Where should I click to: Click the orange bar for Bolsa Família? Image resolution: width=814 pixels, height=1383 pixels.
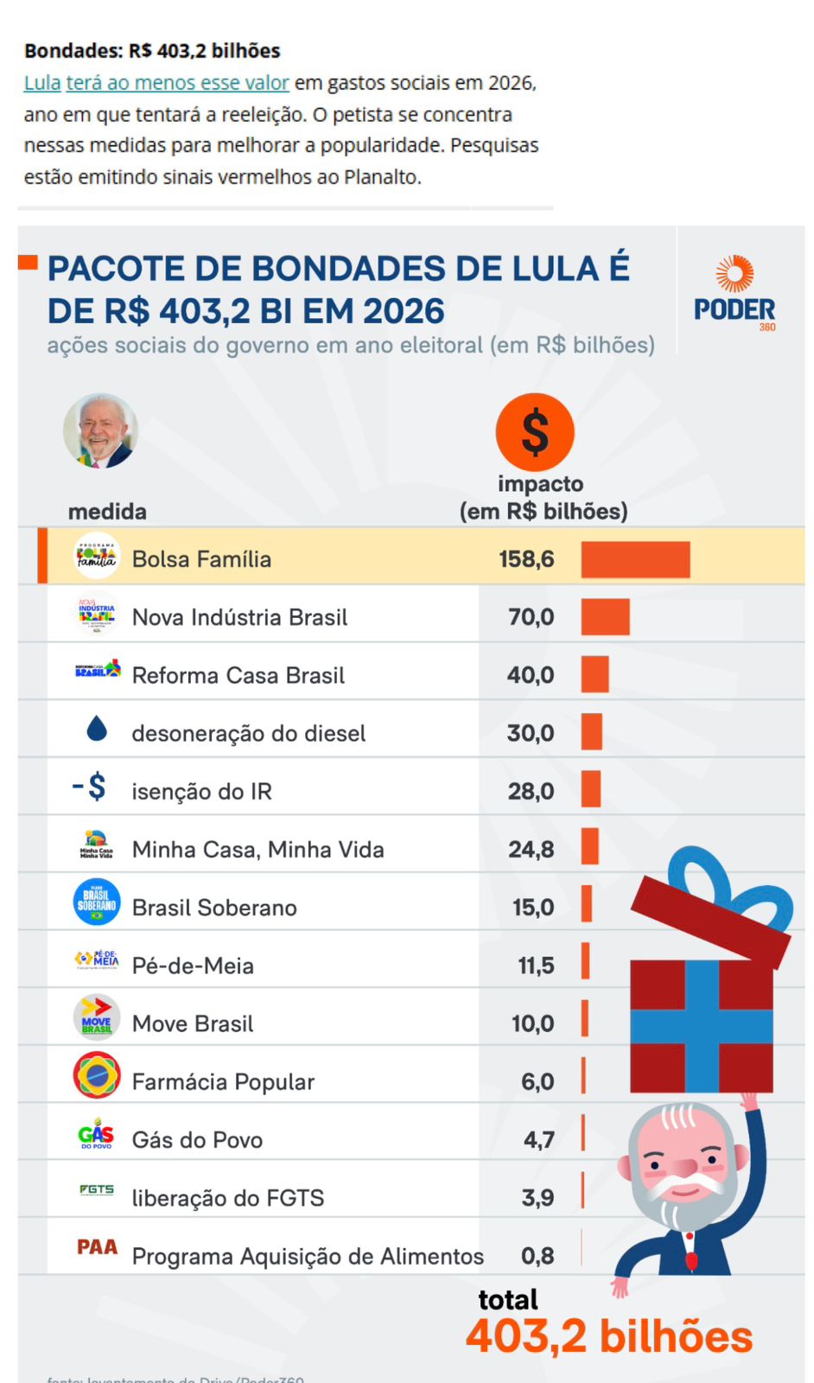(635, 559)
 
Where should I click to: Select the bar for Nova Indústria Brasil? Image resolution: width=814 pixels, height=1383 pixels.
(605, 617)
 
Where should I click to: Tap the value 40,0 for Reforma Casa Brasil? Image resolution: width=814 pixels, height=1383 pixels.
(531, 675)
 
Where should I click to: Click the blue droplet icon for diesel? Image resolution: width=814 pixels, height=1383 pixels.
(97, 730)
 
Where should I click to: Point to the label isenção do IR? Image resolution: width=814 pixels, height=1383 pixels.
(201, 791)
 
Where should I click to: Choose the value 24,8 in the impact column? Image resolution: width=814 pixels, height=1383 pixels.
(531, 850)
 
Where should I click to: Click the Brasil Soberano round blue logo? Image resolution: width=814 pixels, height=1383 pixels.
(97, 902)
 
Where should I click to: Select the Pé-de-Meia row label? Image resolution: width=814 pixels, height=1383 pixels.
(193, 966)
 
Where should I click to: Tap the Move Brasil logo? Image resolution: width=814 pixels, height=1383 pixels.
(97, 1017)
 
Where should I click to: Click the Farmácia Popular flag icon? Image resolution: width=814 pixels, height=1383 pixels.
(97, 1075)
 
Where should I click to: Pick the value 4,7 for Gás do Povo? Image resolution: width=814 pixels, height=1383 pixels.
(538, 1140)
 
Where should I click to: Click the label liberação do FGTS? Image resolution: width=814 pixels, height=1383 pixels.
(228, 1198)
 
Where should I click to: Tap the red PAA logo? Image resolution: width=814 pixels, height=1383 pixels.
(97, 1247)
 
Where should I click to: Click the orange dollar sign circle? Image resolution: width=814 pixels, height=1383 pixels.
(535, 432)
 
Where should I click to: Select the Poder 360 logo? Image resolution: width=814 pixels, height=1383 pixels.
(735, 294)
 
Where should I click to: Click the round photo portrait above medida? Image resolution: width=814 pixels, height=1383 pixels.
(101, 431)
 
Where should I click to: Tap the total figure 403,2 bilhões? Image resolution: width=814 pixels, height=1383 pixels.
(609, 1336)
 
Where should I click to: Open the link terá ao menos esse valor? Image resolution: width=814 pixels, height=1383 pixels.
(177, 83)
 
